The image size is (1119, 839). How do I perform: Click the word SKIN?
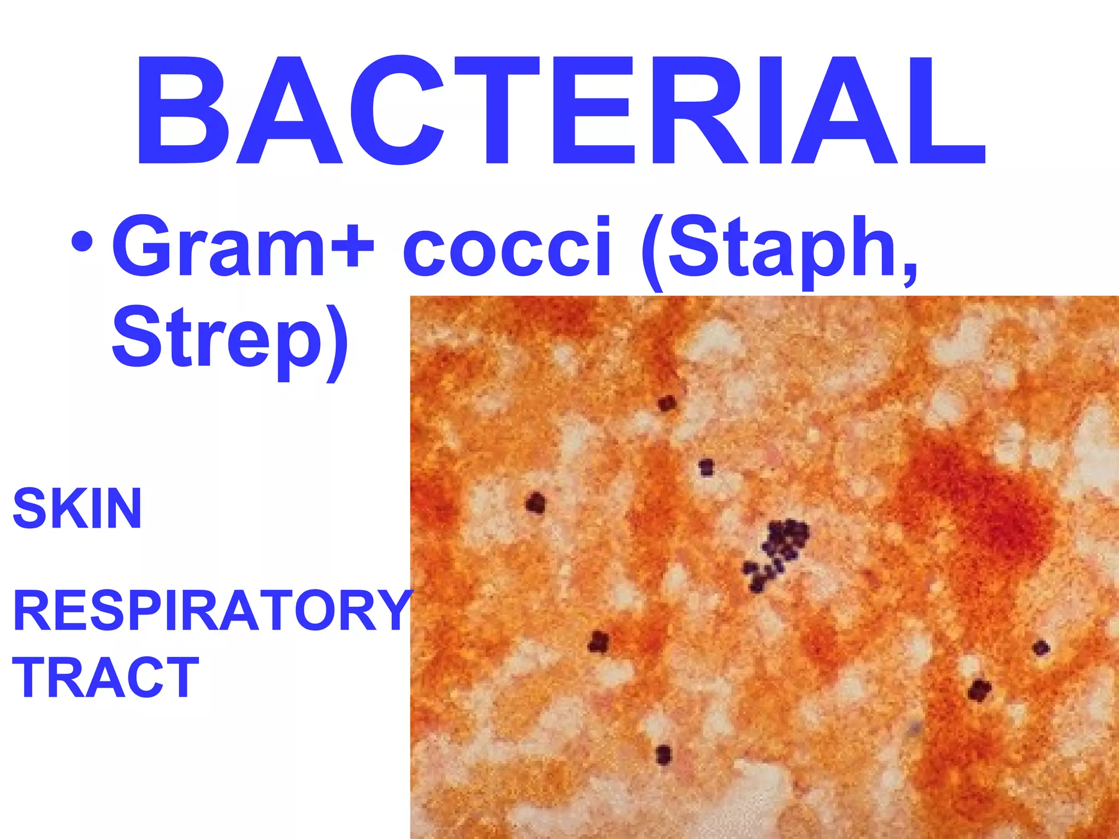click(77, 509)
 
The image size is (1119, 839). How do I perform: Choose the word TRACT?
click(105, 677)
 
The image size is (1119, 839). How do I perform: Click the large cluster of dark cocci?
click(776, 553)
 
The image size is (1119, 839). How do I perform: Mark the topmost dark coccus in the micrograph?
click(667, 404)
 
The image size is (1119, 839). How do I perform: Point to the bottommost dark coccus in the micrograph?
click(663, 754)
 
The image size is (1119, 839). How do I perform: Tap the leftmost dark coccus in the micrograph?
click(535, 503)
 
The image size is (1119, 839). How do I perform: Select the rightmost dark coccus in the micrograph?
click(1041, 648)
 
